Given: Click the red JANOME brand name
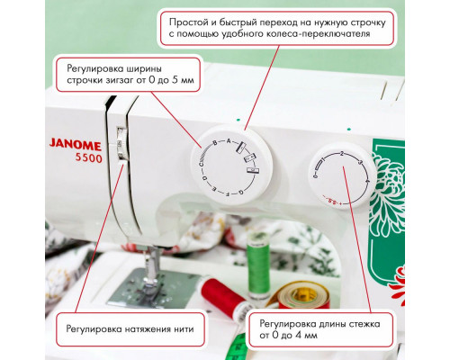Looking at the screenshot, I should coord(62,141).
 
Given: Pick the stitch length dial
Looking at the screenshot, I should coord(343,176).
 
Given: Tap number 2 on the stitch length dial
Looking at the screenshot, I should coord(342,156).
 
